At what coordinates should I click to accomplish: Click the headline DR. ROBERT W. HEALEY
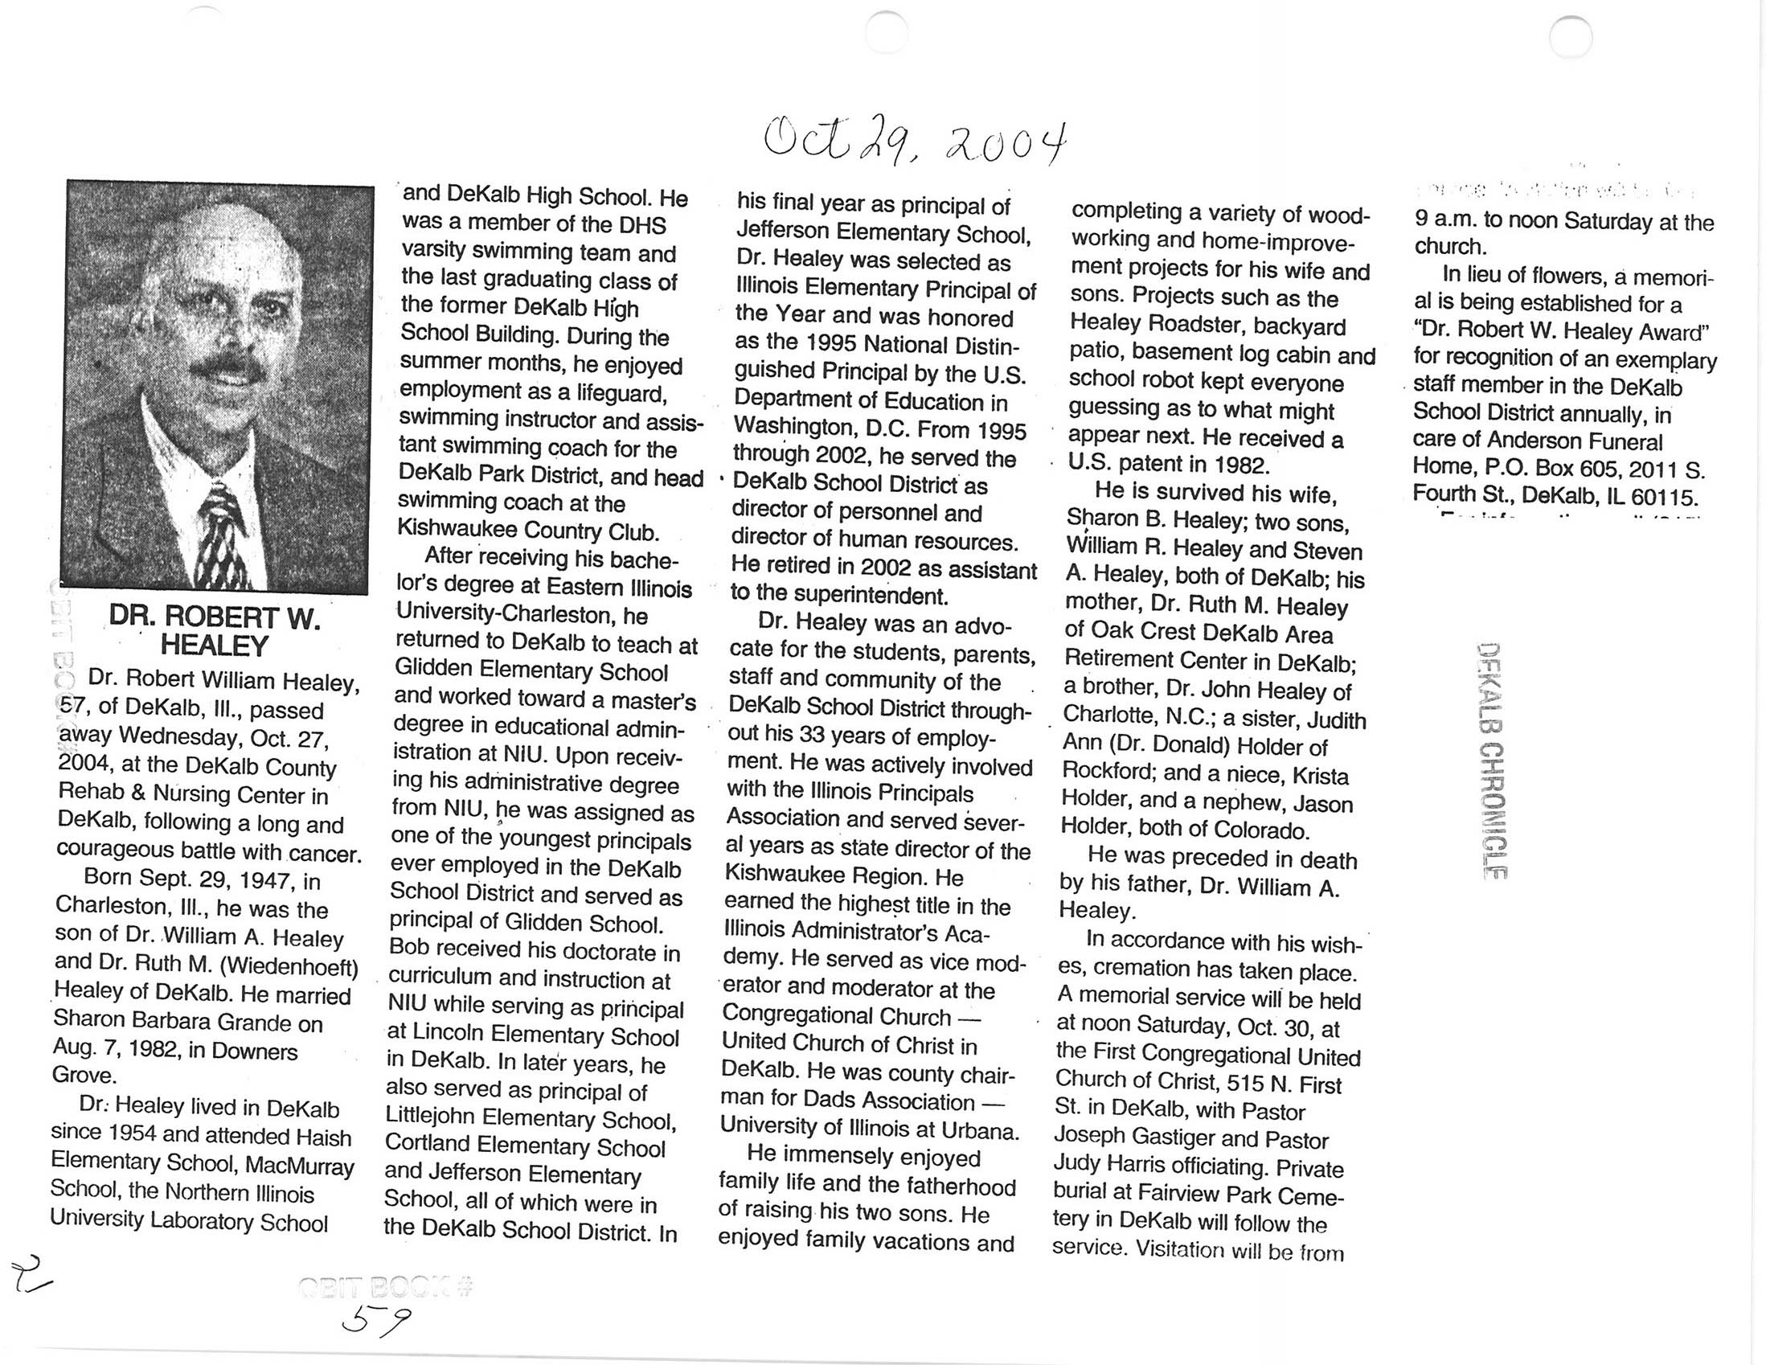[x=215, y=632]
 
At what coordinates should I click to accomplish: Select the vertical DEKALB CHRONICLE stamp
[x=1489, y=760]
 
